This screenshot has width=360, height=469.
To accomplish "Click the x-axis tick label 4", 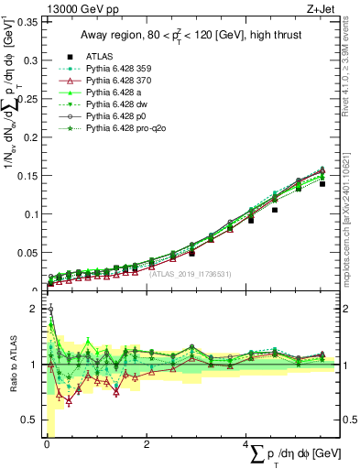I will pyautogui.click(x=245, y=443).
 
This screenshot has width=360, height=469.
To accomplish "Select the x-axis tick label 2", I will pyautogui.click(x=147, y=443).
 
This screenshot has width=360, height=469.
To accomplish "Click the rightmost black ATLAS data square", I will pyautogui.click(x=322, y=184).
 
